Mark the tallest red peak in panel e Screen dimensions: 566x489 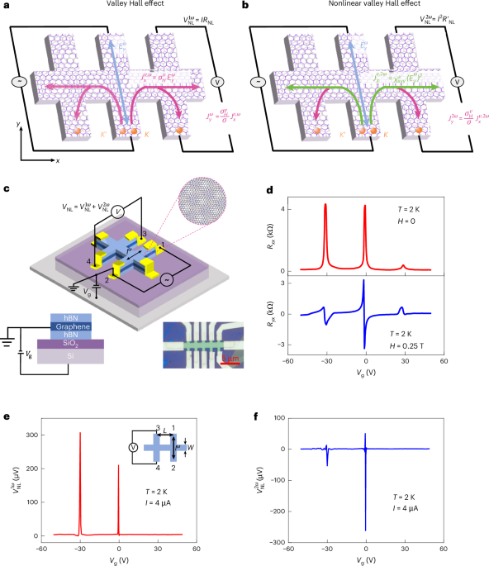80,433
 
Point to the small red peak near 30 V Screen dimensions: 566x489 402,266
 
